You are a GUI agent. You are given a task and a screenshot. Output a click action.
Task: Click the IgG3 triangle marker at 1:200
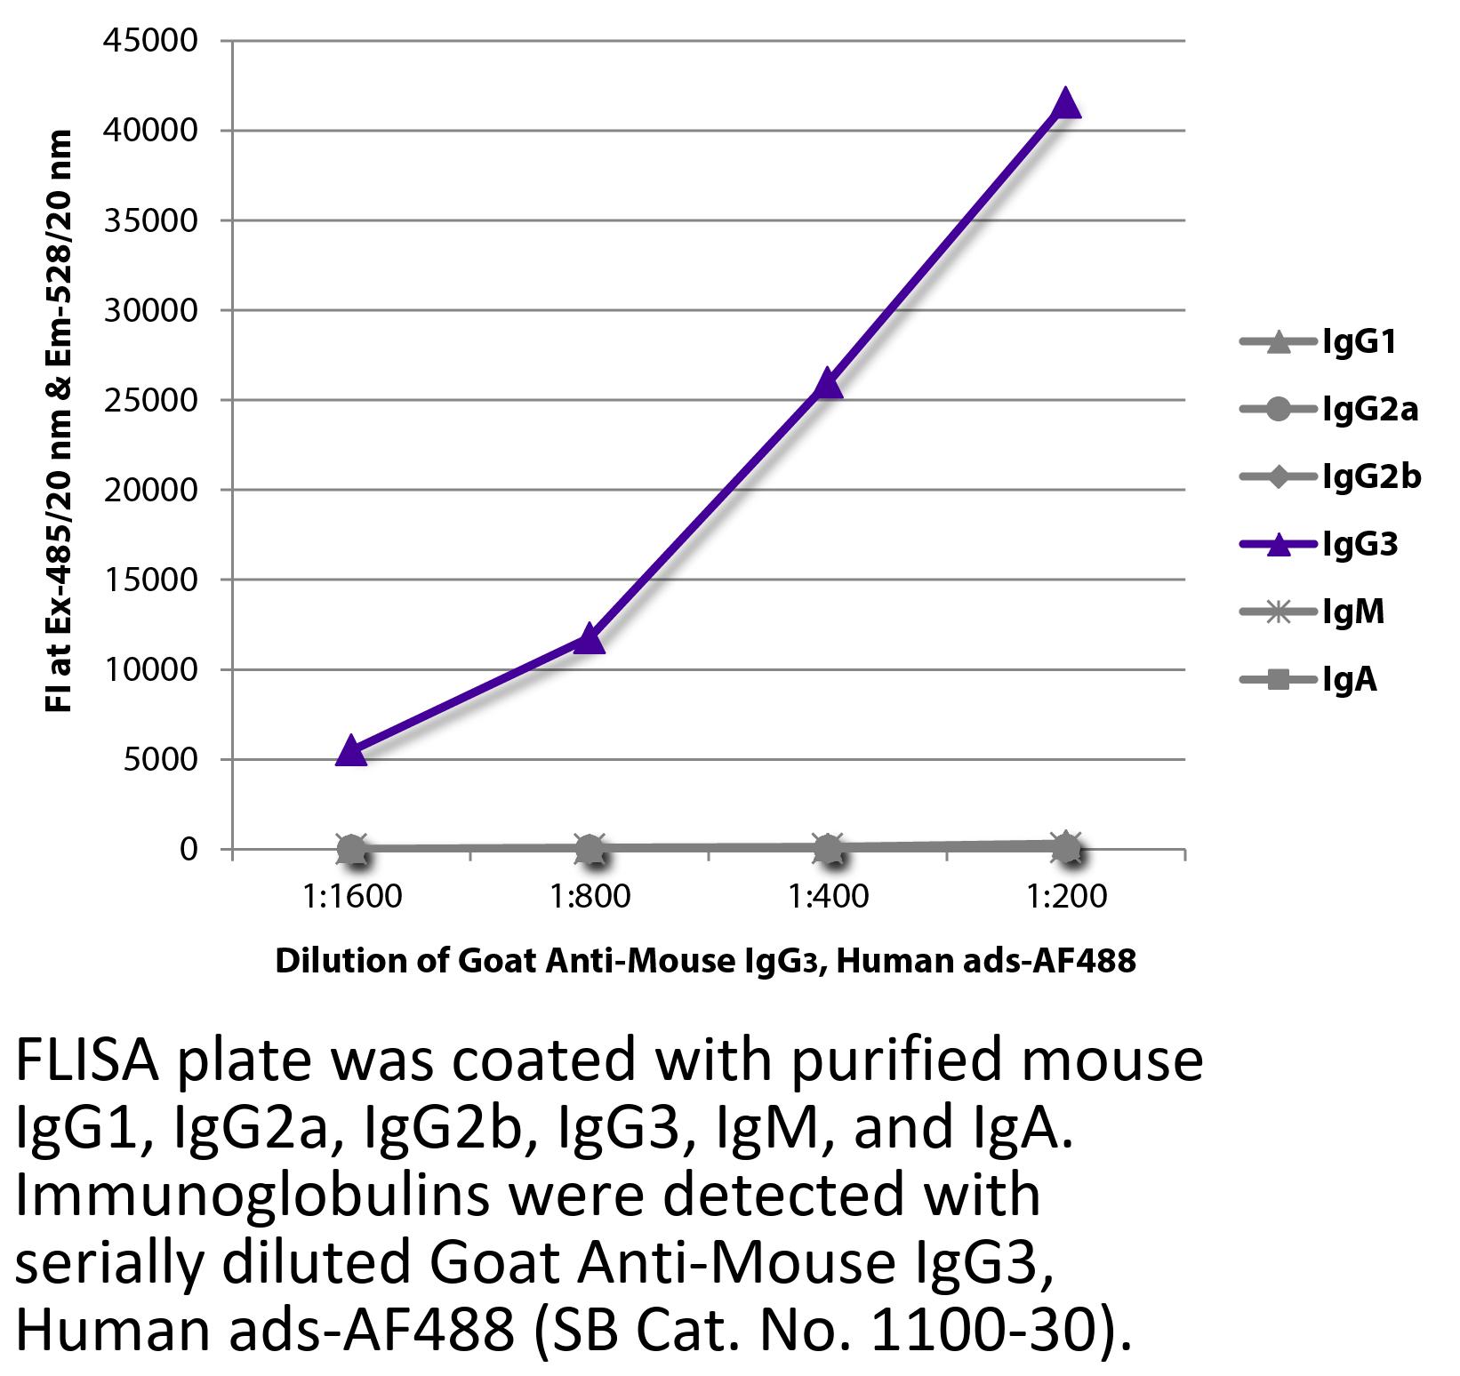pos(1065,104)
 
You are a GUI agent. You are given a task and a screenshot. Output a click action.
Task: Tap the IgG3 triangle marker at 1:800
pos(590,639)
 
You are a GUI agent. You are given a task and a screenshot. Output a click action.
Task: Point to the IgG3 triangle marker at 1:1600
pos(351,751)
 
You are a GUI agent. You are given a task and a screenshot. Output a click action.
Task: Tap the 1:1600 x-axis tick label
pos(351,896)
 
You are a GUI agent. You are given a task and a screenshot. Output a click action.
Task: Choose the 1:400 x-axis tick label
pos(828,896)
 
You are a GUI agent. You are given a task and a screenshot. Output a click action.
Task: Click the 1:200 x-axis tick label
pos(1066,896)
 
